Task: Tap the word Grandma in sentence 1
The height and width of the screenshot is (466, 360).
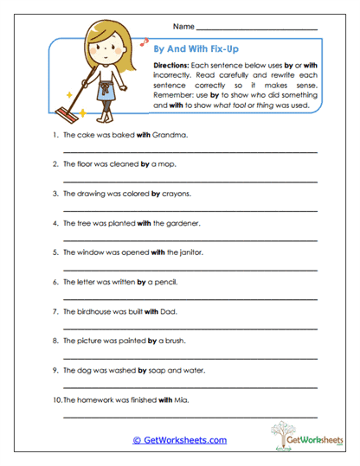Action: [172, 135]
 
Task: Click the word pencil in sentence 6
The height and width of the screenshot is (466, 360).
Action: [165, 282]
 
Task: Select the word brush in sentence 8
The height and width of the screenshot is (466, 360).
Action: [170, 341]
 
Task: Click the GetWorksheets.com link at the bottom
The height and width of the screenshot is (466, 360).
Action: [179, 440]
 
